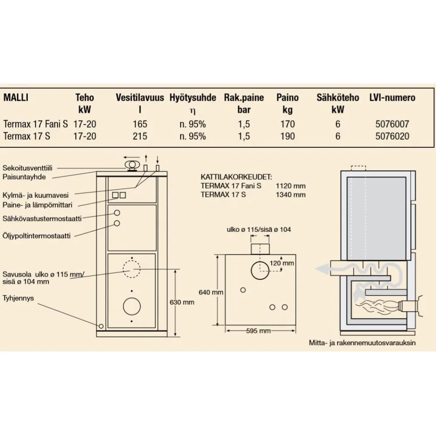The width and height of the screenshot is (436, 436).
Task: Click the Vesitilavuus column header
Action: (140, 98)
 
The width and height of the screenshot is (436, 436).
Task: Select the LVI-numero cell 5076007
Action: (392, 124)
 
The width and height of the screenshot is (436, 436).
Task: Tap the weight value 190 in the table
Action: (287, 136)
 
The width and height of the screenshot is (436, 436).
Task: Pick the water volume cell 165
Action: (140, 124)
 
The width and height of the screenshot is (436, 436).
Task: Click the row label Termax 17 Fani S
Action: (36, 124)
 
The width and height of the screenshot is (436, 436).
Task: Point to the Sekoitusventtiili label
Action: (27, 168)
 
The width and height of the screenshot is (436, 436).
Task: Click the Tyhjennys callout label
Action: (18, 298)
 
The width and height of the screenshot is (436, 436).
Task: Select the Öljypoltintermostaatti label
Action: (37, 236)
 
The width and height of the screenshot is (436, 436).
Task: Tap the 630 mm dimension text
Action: (182, 302)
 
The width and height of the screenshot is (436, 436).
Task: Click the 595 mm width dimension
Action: (258, 331)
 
